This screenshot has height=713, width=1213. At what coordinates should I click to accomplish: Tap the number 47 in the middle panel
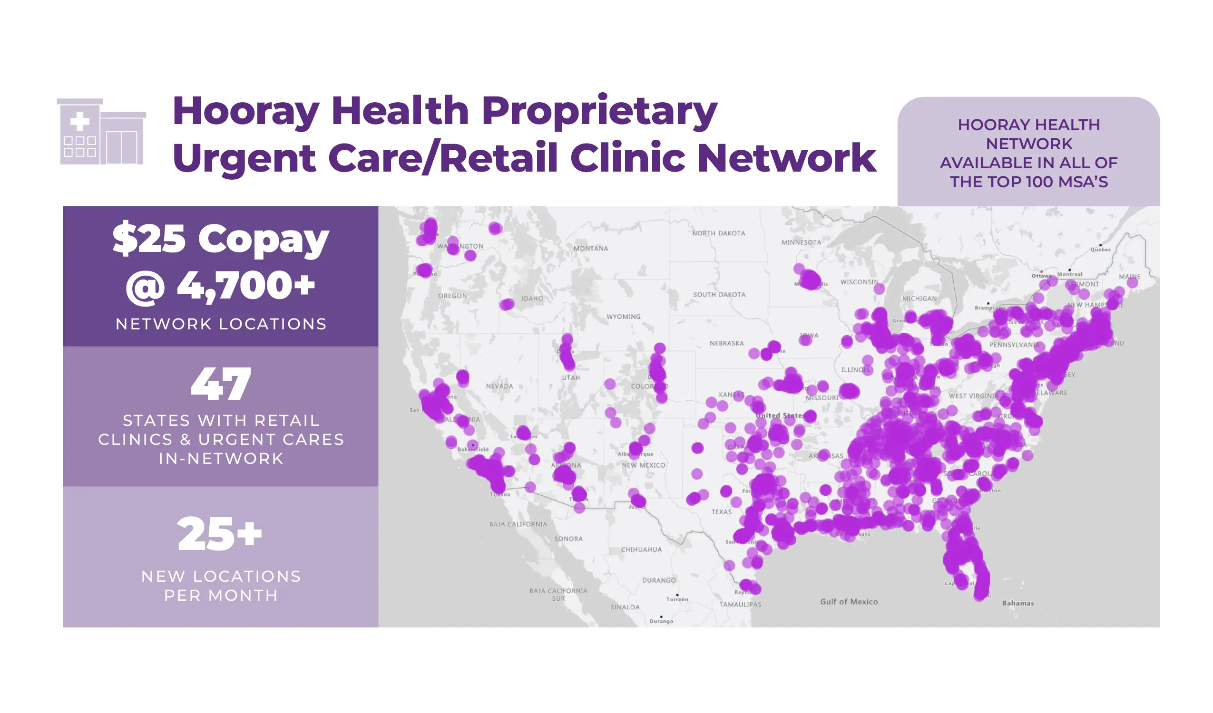[x=221, y=384]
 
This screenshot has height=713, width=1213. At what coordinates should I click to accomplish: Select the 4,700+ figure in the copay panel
[x=246, y=286]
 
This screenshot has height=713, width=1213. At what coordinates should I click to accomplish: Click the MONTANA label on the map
[x=591, y=249]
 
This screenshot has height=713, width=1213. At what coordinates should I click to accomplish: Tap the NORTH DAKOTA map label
[x=719, y=233]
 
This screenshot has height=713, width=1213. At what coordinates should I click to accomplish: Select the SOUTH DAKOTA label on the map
[x=719, y=294]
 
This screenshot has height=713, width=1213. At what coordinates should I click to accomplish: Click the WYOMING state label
[x=623, y=317]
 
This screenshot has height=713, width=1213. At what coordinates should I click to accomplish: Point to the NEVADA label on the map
[x=499, y=386]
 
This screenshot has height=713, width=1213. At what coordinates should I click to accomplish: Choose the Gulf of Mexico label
[x=849, y=602]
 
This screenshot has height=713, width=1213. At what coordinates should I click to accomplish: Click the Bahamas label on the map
[x=1017, y=603]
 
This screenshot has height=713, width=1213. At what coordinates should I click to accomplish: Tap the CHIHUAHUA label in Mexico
[x=641, y=549]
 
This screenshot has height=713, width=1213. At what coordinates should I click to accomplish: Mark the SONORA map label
[x=568, y=539]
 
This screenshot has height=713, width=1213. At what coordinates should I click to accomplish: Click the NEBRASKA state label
[x=726, y=344]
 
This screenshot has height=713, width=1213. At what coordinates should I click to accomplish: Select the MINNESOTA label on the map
[x=802, y=242]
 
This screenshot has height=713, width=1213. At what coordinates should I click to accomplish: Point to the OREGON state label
[x=452, y=296]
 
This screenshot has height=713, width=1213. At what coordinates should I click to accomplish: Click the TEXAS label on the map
[x=721, y=512]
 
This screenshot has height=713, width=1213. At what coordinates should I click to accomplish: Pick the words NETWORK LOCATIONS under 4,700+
[x=221, y=324]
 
